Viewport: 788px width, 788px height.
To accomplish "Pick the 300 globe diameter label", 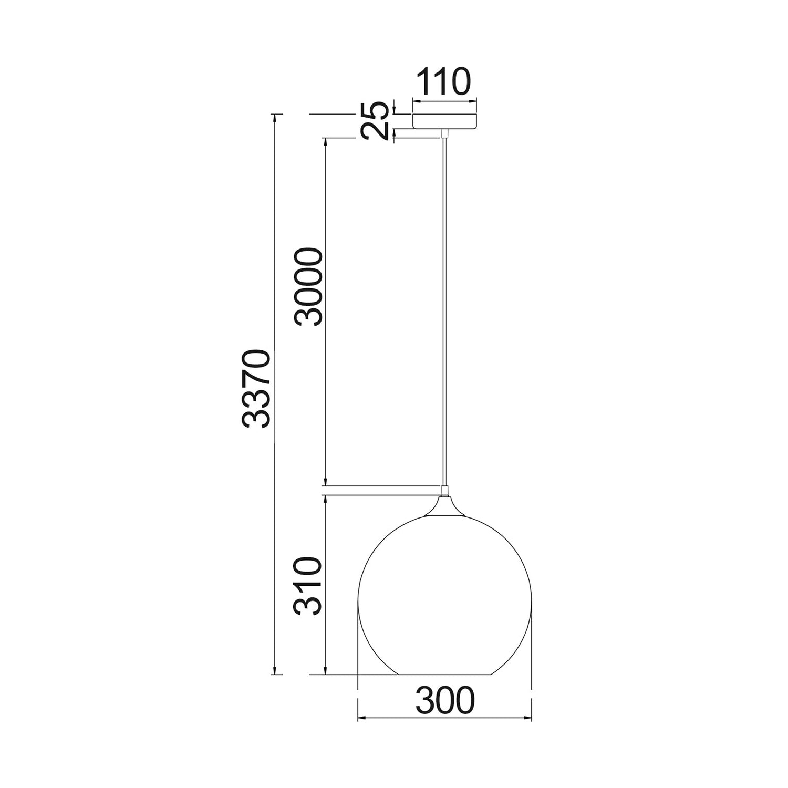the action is point(445,700).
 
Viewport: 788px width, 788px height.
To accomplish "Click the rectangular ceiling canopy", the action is point(445,121).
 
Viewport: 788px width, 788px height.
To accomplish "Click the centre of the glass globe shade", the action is point(445,594).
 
